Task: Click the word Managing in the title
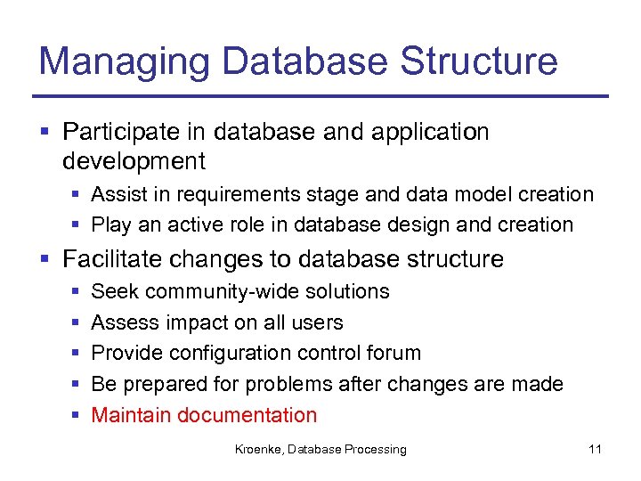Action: pyautogui.click(x=125, y=61)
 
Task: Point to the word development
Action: pyautogui.click(x=134, y=161)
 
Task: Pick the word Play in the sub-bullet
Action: pyautogui.click(x=110, y=224)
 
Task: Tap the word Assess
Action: pyautogui.click(x=122, y=322)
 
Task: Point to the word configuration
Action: pyautogui.click(x=229, y=354)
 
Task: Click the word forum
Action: pyautogui.click(x=394, y=353)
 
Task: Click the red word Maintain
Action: pyautogui.click(x=131, y=415)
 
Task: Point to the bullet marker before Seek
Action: pyautogui.click(x=71, y=292)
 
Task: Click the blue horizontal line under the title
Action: pyautogui.click(x=320, y=96)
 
